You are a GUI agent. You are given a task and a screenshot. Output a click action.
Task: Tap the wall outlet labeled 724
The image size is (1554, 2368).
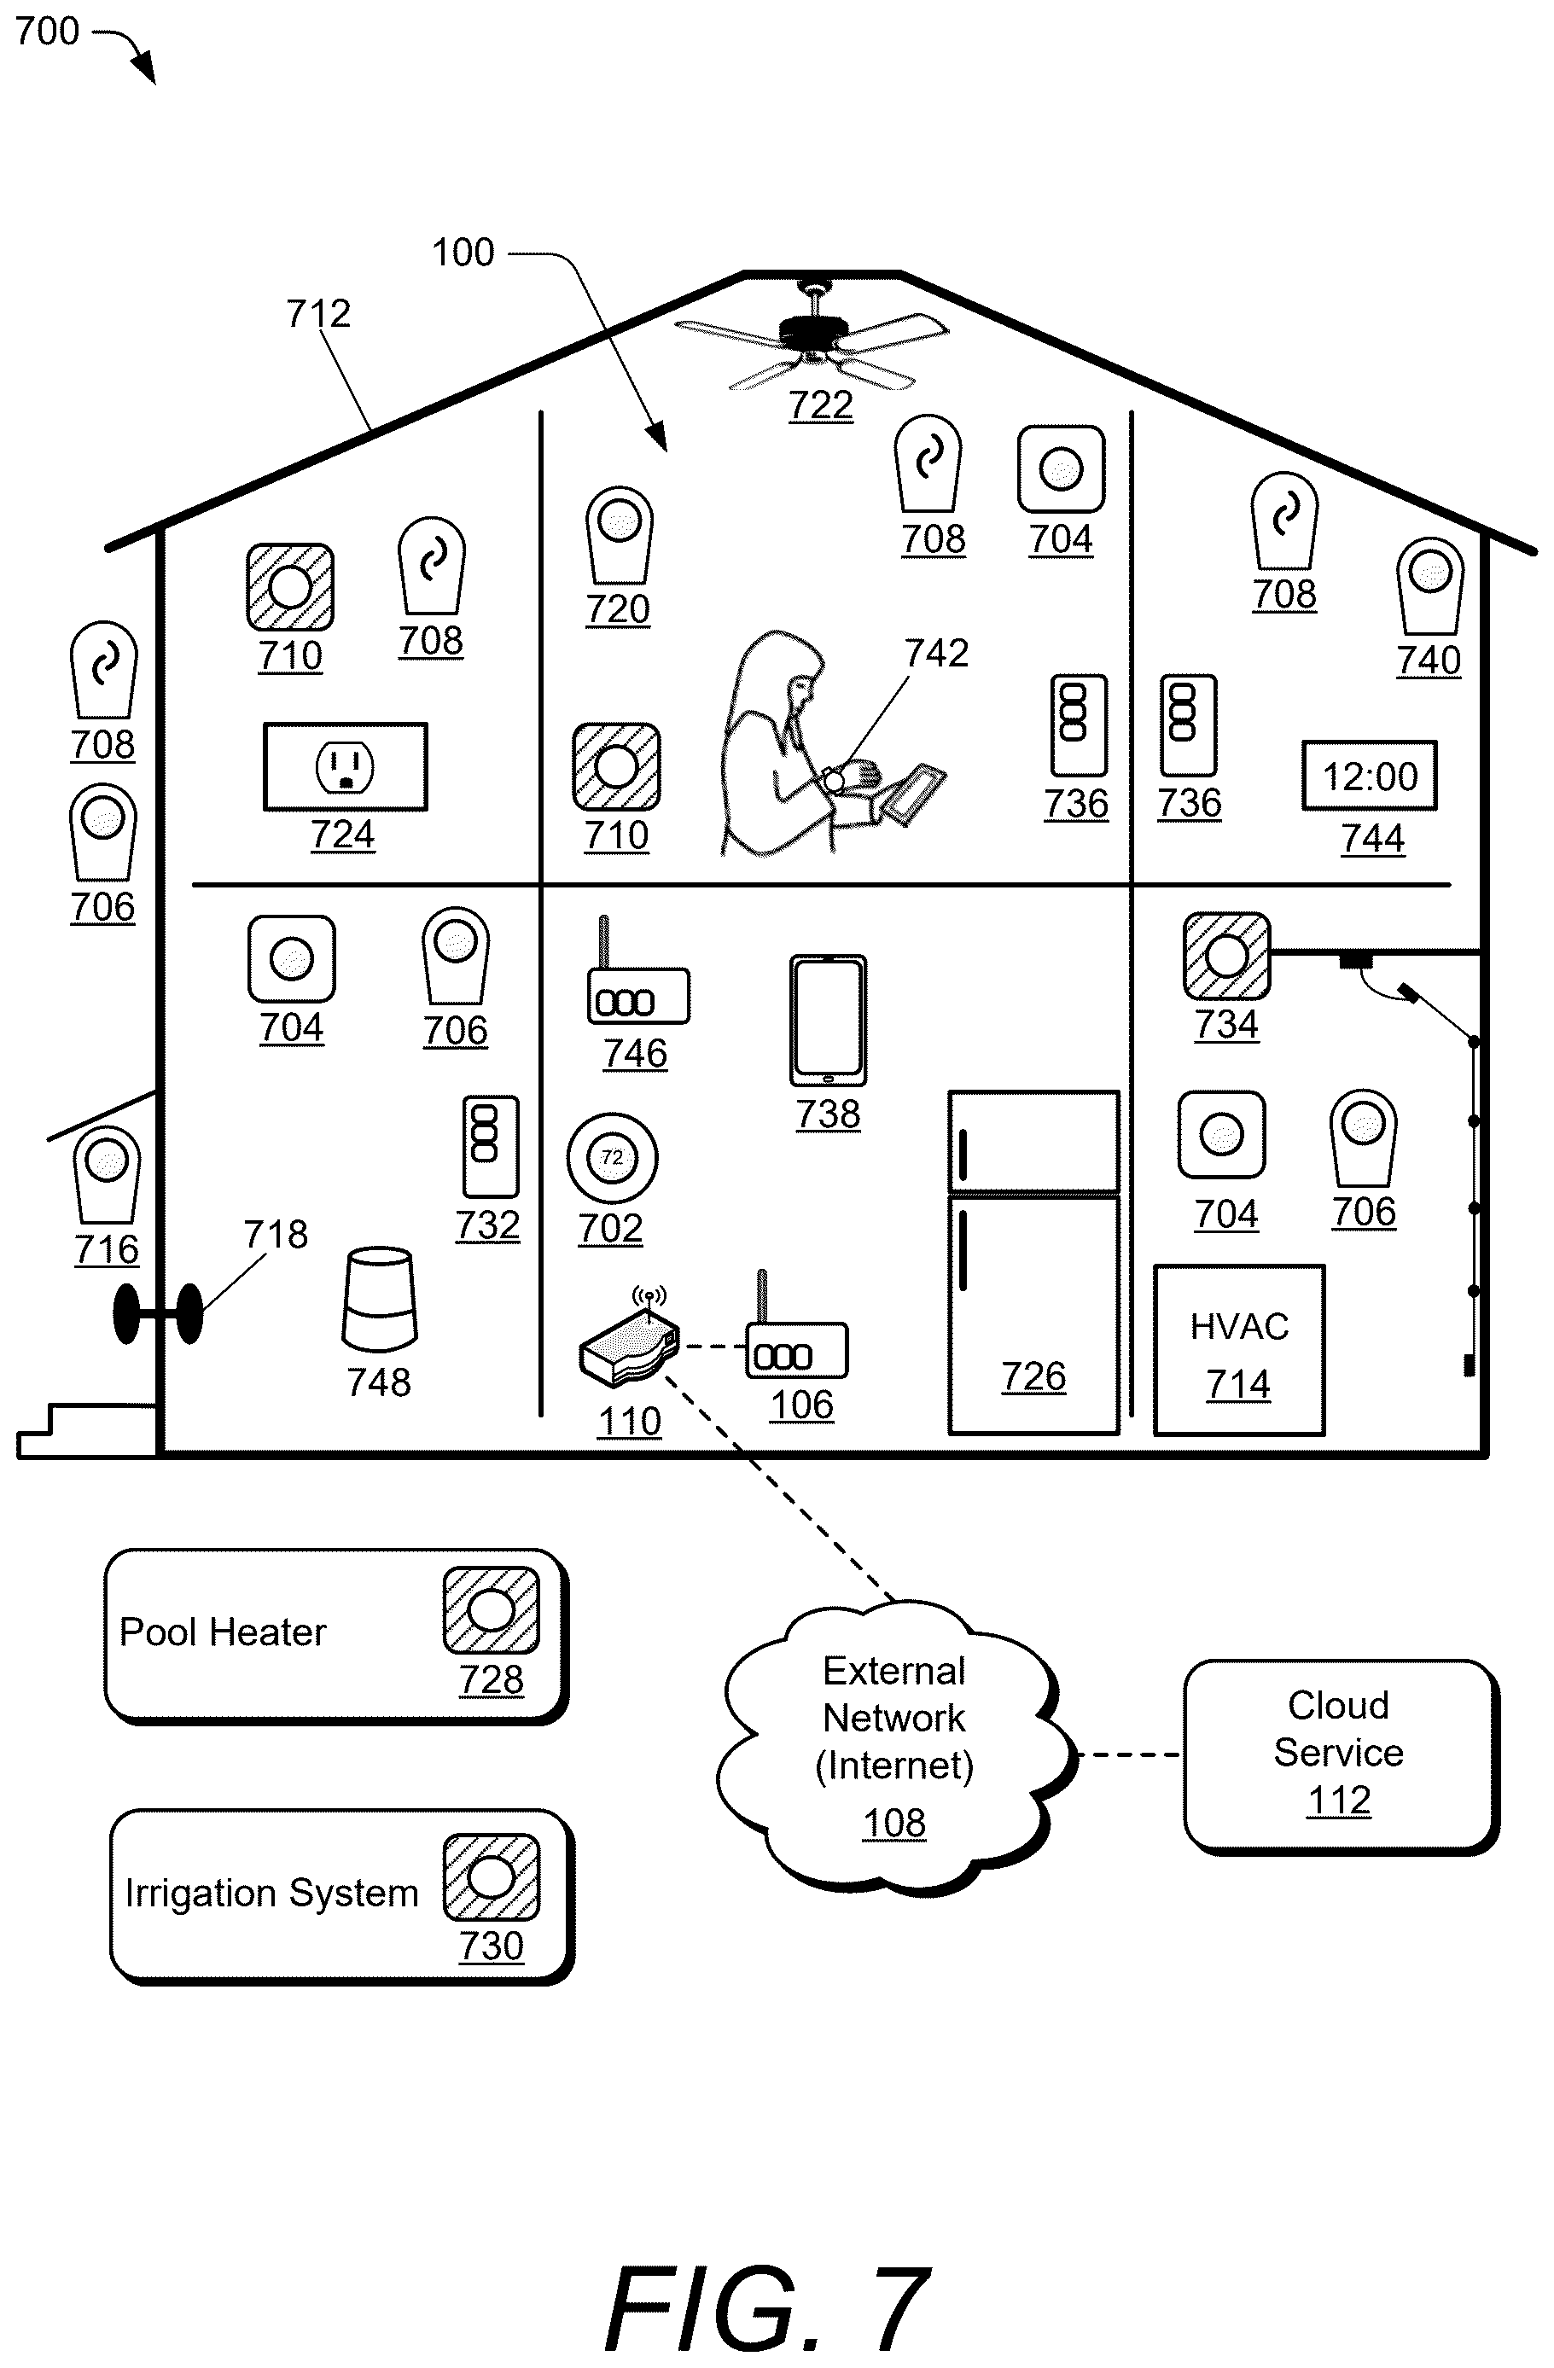tap(346, 766)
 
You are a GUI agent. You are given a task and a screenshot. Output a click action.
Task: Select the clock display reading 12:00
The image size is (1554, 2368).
tap(1370, 775)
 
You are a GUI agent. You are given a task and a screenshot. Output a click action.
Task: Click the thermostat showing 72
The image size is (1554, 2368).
tap(612, 1158)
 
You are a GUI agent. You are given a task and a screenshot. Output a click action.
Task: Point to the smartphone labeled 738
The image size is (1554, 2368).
tap(828, 1021)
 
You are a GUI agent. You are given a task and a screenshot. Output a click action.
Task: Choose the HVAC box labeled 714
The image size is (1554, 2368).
tap(1238, 1350)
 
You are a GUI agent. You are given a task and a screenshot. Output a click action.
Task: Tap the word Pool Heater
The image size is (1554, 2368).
tap(223, 1632)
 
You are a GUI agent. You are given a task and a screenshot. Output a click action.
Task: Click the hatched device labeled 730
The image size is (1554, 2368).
tap(492, 1877)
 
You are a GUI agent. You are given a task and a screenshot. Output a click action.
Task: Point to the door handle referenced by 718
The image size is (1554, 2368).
tap(158, 1313)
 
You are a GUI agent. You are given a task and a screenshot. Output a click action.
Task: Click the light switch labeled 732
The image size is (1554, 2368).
tap(491, 1146)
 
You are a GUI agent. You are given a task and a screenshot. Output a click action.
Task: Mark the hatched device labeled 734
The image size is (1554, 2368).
tap(1226, 956)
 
